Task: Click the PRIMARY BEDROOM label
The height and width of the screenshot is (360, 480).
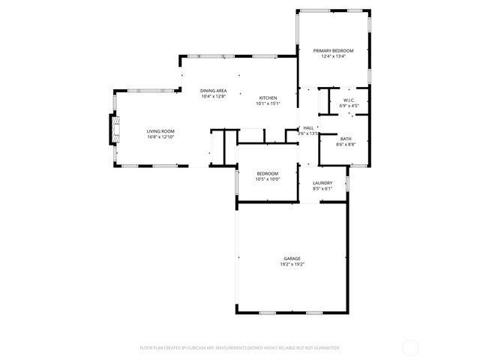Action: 332,50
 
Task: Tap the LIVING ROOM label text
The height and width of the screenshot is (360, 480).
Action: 160,131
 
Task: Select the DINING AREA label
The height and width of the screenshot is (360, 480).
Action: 214,91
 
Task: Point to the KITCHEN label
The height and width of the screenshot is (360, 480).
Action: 268,98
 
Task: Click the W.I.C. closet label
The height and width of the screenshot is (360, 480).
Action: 349,100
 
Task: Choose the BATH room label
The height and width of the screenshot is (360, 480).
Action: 346,138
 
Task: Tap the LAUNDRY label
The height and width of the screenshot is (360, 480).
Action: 322,182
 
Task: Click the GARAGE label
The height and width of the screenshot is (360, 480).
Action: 292,259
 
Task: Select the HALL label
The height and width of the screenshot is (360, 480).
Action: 308,128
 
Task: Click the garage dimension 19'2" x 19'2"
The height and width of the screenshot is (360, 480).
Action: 292,265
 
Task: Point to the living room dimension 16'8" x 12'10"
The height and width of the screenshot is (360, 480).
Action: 160,137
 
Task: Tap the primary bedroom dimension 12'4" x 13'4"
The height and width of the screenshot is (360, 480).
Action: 332,56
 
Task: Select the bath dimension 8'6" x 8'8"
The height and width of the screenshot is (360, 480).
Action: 346,144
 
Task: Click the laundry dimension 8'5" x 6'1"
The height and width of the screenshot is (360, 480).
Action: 322,188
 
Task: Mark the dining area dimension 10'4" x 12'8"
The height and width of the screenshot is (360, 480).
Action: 214,97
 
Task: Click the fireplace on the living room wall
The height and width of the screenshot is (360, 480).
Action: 114,130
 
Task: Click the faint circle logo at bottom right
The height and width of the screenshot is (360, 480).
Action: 410,347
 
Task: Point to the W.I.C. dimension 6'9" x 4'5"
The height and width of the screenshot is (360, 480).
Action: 349,106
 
